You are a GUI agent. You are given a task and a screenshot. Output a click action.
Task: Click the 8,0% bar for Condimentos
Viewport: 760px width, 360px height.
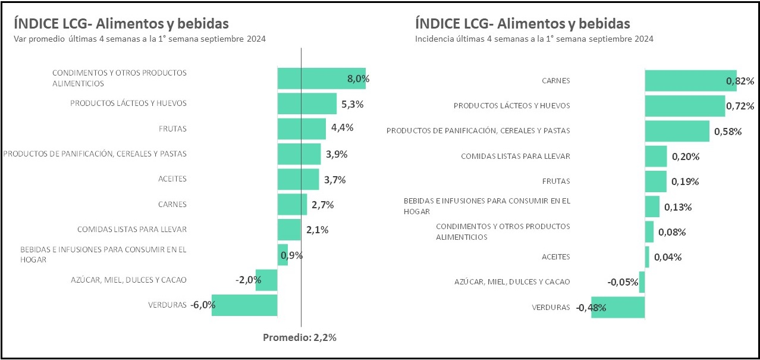321,79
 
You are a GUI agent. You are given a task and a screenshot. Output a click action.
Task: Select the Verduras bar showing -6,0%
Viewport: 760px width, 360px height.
244,305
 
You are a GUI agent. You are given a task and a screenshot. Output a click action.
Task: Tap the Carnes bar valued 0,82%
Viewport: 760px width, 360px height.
690,80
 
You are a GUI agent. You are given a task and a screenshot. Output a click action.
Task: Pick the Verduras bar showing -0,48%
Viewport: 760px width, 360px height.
618,307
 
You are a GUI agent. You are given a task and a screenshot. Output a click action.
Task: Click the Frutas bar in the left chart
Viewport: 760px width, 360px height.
302,129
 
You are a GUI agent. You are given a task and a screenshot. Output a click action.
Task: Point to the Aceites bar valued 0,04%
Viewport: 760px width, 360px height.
647,257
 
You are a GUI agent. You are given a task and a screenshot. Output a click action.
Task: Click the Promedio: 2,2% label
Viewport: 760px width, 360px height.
300,337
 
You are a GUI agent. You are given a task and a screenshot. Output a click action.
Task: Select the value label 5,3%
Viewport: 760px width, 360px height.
352,104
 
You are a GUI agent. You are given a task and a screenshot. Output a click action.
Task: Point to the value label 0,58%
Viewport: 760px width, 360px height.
727,132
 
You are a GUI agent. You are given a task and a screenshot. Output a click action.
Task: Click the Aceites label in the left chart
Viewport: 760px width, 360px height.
172,179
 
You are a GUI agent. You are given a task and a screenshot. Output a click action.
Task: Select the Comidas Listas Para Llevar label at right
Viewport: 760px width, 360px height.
516,156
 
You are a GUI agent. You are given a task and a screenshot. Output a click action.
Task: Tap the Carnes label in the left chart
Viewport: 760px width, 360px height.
172,204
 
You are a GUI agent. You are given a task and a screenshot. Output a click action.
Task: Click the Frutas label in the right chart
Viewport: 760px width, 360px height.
556,181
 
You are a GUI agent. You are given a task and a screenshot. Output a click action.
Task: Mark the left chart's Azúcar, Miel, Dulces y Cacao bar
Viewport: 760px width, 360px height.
266,280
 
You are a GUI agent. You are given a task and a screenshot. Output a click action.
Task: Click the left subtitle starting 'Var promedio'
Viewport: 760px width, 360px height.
139,39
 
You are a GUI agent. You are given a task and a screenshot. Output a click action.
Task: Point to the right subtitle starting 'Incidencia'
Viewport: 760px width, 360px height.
534,39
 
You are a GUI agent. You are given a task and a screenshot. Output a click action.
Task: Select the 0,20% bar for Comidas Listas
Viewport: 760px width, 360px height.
656,156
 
